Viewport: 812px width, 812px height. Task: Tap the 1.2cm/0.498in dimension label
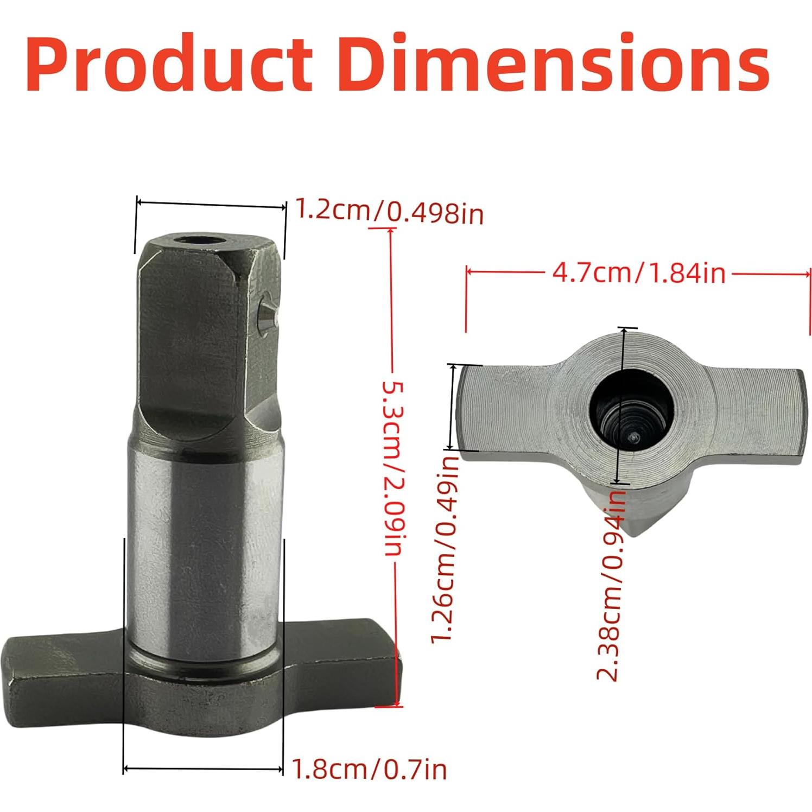click(x=389, y=211)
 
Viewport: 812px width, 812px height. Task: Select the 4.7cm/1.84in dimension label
click(x=638, y=272)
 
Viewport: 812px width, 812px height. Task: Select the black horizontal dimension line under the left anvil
click(x=204, y=769)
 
